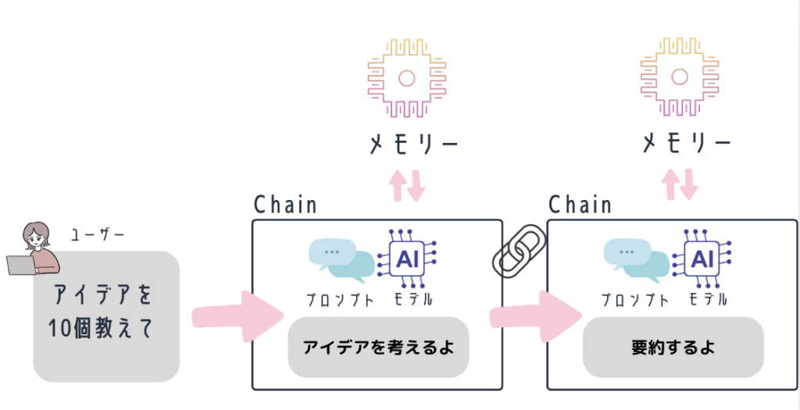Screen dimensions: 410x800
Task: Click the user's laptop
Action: tap(20, 265)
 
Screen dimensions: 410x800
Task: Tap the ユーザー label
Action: tap(98, 234)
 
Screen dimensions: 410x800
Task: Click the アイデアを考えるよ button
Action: tap(378, 348)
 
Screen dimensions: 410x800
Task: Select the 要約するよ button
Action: tap(673, 348)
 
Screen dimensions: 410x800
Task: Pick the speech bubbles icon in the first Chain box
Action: tap(341, 260)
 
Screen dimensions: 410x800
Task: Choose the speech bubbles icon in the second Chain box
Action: tap(636, 260)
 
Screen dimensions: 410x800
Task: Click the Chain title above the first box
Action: tap(286, 205)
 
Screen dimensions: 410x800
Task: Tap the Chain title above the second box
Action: tap(580, 205)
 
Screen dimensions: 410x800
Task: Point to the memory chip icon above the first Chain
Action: tap(405, 77)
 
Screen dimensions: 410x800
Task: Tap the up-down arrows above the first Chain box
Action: tap(408, 184)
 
